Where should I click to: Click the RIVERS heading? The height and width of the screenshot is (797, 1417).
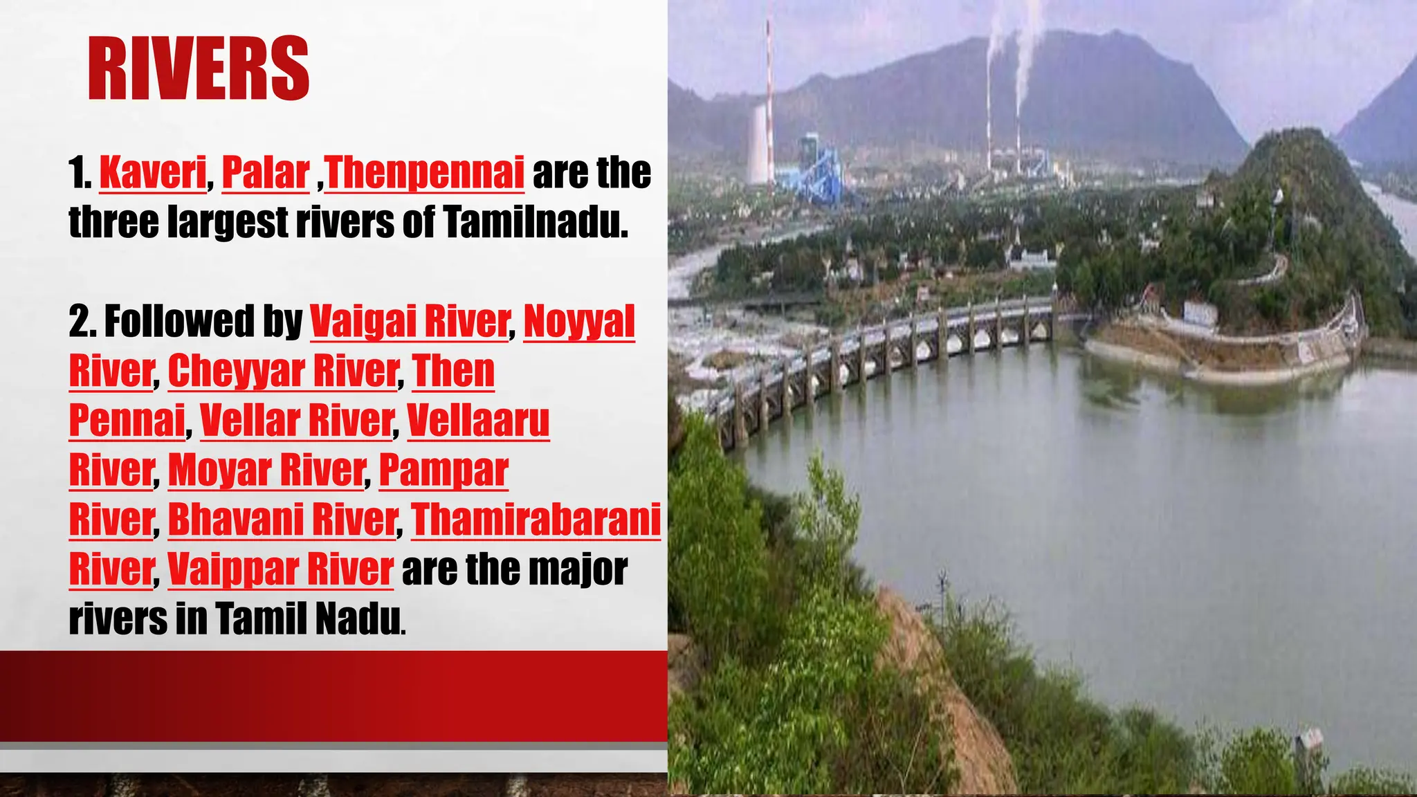point(199,69)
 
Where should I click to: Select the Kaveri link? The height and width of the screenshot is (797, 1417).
point(153,173)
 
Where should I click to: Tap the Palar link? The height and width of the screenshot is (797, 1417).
point(265,173)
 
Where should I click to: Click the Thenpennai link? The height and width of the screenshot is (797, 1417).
point(425,173)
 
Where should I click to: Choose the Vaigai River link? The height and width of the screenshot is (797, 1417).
point(410,322)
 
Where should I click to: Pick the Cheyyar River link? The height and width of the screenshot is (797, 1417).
point(283,372)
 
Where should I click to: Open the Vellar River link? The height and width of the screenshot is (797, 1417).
point(296,421)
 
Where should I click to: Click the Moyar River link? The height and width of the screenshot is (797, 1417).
point(266,470)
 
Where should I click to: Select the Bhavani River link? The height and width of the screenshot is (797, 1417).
point(282,520)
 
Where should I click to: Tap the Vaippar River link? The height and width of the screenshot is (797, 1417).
point(280,569)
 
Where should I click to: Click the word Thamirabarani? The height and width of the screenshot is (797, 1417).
point(536,520)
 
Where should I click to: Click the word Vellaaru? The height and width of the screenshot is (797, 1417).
point(478,421)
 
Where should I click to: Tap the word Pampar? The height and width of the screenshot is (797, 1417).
point(444,470)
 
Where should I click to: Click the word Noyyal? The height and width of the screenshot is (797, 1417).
point(579,322)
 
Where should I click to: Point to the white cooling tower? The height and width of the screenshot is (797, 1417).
point(758,145)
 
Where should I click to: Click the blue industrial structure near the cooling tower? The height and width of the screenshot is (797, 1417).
point(816,170)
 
